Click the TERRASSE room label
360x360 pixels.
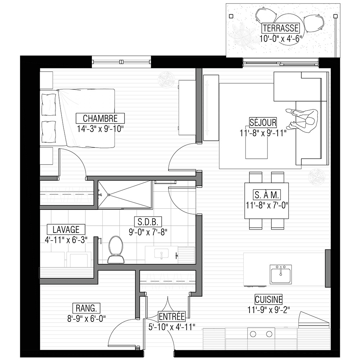tap(280, 28)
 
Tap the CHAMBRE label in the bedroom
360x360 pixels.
tap(100, 118)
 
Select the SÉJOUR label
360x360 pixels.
tap(263, 122)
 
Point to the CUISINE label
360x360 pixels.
tap(269, 300)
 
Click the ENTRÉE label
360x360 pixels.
tap(172, 316)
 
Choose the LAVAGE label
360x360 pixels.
tap(66, 229)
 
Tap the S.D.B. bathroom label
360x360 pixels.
tap(148, 222)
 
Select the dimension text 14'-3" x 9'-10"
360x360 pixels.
tap(100, 129)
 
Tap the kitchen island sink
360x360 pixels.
tap(281, 274)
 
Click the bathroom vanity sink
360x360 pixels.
tap(161, 253)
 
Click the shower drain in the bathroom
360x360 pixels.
tap(108, 195)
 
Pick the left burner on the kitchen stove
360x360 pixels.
tap(253, 334)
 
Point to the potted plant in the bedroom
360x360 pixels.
tap(166, 80)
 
